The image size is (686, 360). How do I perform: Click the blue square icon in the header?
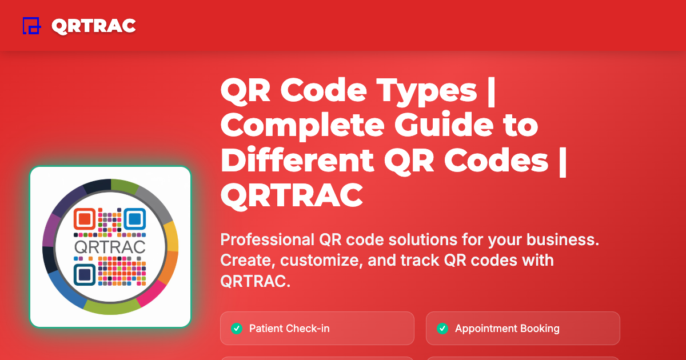click(x=31, y=26)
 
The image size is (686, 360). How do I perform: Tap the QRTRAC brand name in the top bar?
click(x=93, y=26)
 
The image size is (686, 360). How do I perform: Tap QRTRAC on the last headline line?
click(x=292, y=195)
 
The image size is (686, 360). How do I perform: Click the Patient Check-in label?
click(x=289, y=329)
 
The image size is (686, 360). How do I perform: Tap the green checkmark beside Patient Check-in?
click(x=236, y=329)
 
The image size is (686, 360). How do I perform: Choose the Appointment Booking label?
click(x=507, y=329)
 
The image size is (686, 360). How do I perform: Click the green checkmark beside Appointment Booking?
click(x=442, y=329)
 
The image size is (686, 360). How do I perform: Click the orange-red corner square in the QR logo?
click(x=84, y=219)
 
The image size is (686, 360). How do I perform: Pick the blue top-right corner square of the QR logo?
click(x=135, y=219)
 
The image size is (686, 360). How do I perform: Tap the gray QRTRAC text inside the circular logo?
click(x=110, y=247)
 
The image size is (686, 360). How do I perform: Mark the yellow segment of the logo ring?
click(x=171, y=236)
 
